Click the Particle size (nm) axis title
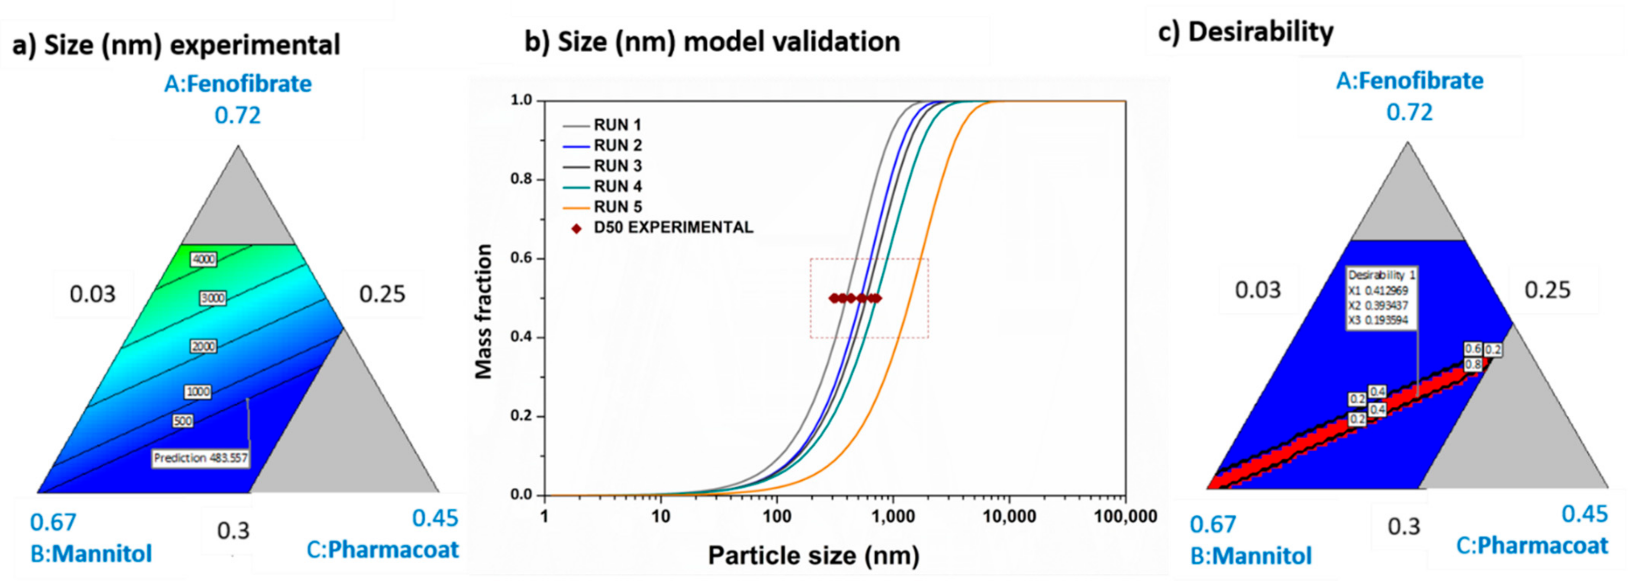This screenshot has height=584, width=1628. tap(813, 555)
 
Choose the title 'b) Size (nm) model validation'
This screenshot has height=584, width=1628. tap(712, 42)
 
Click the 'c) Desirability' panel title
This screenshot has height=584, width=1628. tap(1245, 32)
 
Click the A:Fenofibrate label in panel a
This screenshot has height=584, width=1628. tap(238, 84)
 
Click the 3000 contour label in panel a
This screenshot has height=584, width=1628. tap(212, 298)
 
